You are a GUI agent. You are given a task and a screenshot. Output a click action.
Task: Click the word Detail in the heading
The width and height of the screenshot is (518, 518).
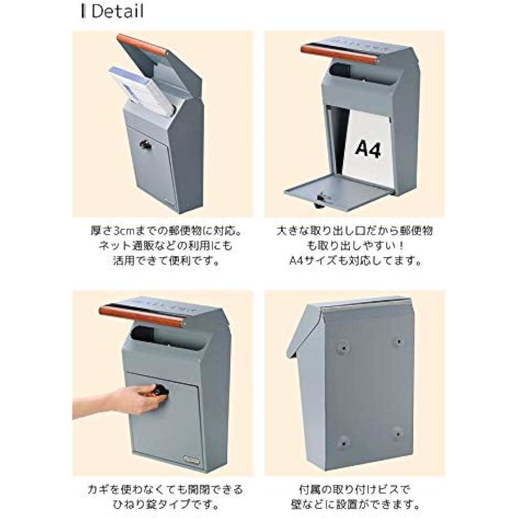pyautogui.click(x=117, y=11)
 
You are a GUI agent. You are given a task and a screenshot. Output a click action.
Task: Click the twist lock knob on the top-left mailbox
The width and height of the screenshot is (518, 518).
pyautogui.click(x=145, y=145)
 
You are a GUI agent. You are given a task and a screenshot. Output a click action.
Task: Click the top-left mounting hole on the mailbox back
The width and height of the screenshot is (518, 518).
pyautogui.click(x=343, y=348)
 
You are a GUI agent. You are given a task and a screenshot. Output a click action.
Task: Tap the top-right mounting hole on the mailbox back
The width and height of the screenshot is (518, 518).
pyautogui.click(x=399, y=341)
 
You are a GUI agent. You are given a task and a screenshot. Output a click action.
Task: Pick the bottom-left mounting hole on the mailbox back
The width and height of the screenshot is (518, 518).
pyautogui.click(x=343, y=441)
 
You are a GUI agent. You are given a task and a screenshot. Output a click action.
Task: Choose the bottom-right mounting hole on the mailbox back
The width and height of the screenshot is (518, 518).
pyautogui.click(x=398, y=434)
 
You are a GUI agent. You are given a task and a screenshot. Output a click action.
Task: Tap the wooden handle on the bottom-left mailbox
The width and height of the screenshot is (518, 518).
pyautogui.click(x=141, y=316)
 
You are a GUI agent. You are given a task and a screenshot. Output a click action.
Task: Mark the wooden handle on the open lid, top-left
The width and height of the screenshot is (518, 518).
pyautogui.click(x=142, y=45)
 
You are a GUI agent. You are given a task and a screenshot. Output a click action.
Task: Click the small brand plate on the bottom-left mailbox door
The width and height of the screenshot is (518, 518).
pyautogui.click(x=191, y=458)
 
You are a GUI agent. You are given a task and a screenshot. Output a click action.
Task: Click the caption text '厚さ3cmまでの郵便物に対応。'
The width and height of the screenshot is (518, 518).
pyautogui.click(x=166, y=231)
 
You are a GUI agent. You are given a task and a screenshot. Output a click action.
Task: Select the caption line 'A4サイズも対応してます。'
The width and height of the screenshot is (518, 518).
pyautogui.click(x=355, y=261)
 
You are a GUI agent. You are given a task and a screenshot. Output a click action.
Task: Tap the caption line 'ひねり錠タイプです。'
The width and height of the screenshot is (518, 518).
pyautogui.click(x=166, y=505)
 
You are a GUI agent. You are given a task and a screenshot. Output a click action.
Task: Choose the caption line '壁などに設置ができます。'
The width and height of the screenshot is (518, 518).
pyautogui.click(x=355, y=505)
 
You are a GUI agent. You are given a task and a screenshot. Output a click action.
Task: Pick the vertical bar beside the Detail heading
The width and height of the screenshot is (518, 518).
pyautogui.click(x=83, y=11)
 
